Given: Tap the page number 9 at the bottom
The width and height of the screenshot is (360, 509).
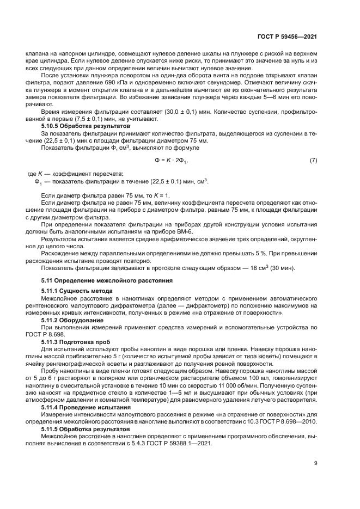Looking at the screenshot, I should (x=315, y=464).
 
